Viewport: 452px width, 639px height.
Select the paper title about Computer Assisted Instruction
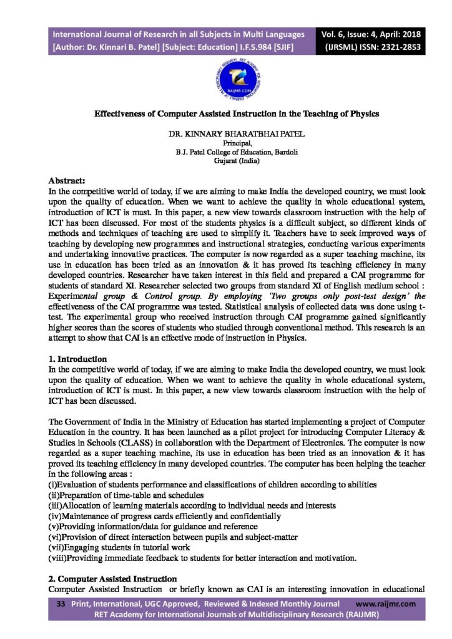(227, 114)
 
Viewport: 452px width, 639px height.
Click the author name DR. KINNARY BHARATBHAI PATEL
(227, 134)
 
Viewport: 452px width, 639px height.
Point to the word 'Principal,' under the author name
(227, 143)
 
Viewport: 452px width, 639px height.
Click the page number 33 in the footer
(61, 604)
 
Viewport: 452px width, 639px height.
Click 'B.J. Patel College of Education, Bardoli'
(227, 152)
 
